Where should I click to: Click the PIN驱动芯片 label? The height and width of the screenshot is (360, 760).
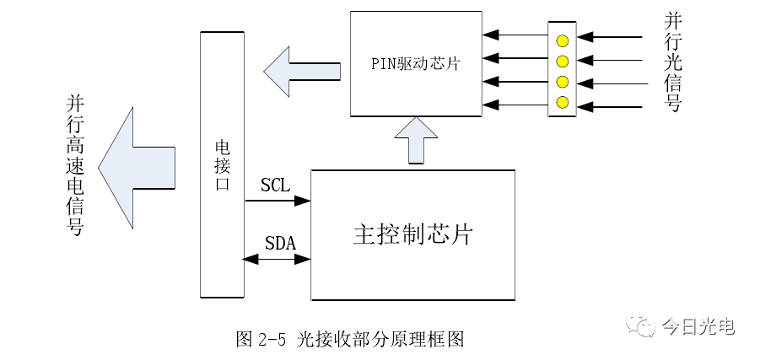coord(415,63)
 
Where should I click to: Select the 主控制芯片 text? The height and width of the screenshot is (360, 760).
coord(412,234)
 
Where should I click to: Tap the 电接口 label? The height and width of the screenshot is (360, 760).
coord(222,164)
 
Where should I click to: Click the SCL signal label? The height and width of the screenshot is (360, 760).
coord(275,185)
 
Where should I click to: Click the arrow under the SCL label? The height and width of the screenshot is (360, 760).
coord(278,201)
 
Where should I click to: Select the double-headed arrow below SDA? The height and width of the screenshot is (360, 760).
coord(278,260)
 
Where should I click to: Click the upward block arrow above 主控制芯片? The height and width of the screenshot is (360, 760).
coord(416,141)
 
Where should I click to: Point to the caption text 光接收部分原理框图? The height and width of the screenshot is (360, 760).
coord(381,339)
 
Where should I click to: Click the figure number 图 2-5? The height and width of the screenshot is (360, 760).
coord(261,339)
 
